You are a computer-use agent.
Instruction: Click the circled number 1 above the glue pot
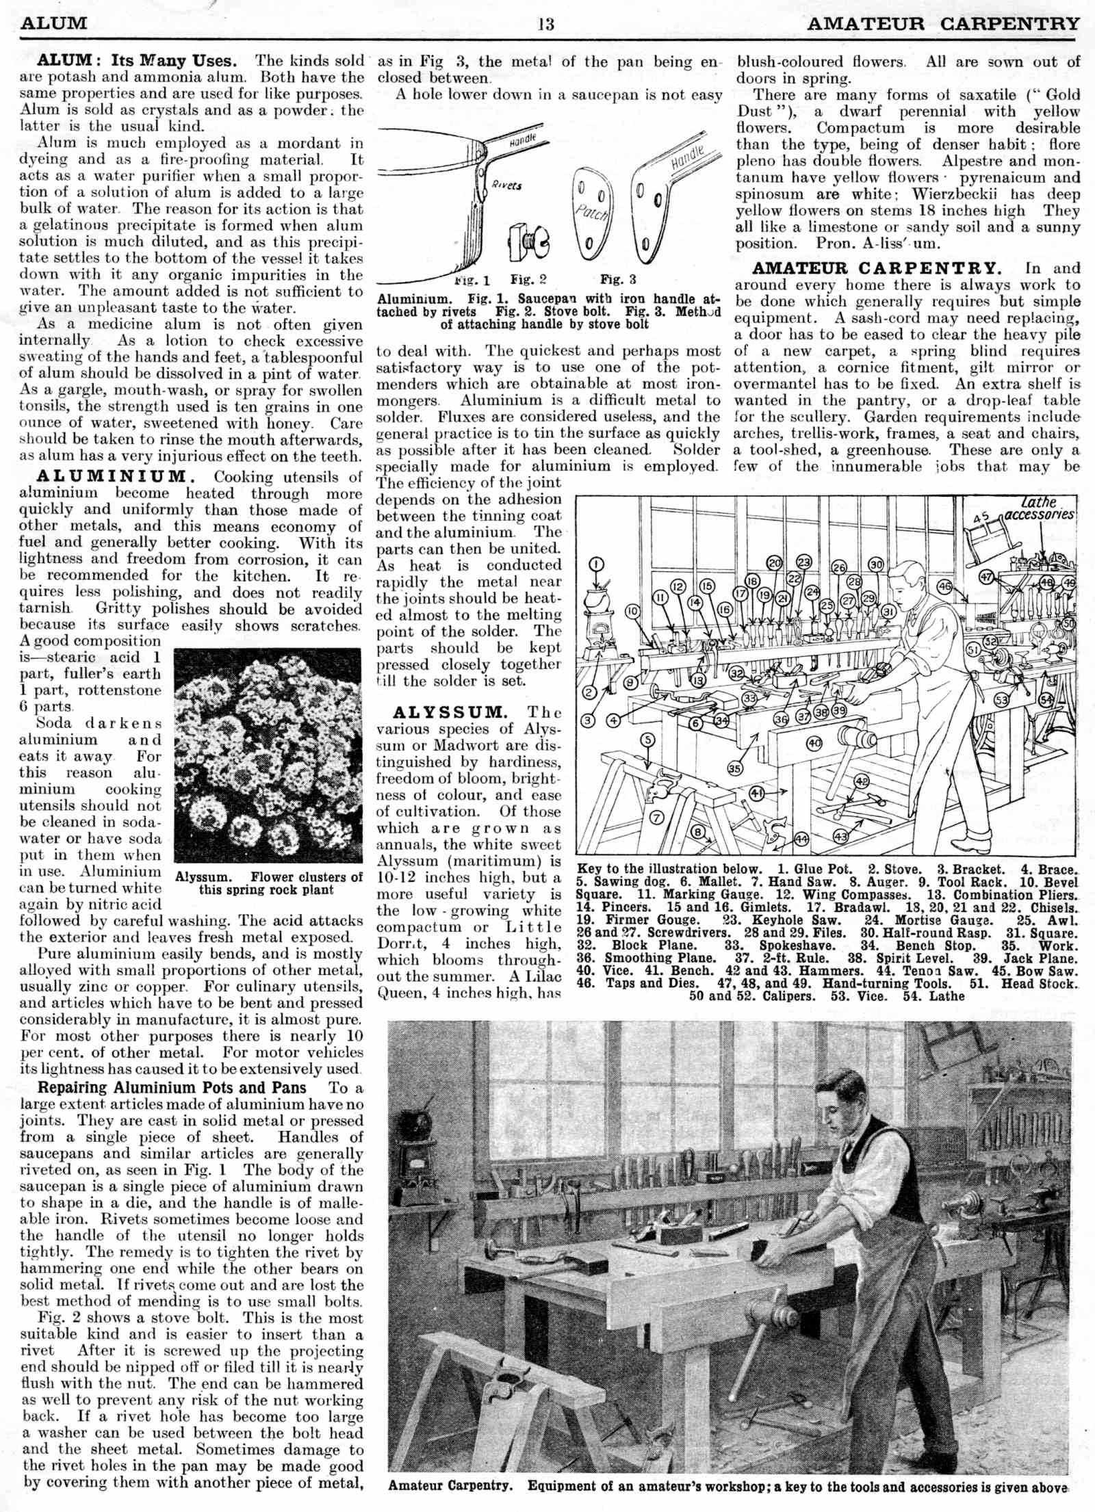click(x=597, y=564)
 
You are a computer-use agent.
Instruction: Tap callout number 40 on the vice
click(x=814, y=742)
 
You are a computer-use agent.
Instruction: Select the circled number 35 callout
click(x=734, y=768)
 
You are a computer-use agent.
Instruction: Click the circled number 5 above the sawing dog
click(x=648, y=740)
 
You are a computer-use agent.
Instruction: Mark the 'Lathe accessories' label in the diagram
click(x=1039, y=508)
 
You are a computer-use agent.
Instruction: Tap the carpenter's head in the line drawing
click(x=912, y=576)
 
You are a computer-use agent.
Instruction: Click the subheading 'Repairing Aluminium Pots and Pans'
click(x=172, y=1088)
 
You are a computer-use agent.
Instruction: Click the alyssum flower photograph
click(x=268, y=755)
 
